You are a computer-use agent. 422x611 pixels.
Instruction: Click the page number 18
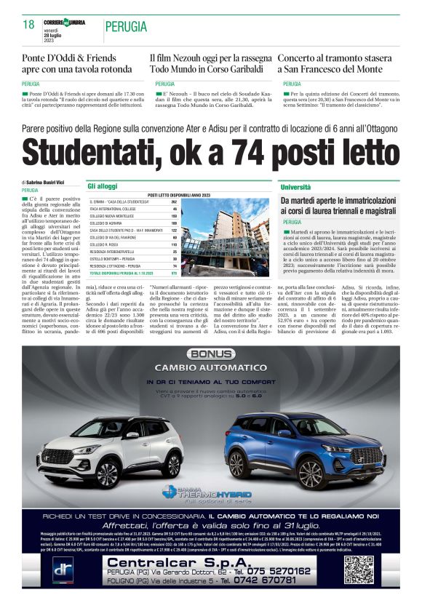pyautogui.click(x=28, y=25)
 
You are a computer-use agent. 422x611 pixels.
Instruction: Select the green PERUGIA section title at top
pyautogui.click(x=126, y=27)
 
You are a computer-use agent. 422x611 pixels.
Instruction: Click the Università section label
pyautogui.click(x=297, y=187)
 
